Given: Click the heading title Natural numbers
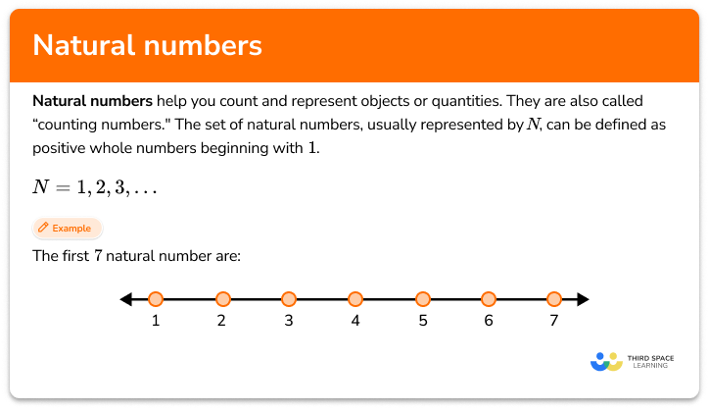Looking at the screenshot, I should point(147,46).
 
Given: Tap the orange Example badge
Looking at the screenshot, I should point(66,229).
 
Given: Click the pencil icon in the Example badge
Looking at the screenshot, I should point(43,229).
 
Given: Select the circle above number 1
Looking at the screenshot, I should point(156,299).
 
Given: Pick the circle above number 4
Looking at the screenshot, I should point(354,299).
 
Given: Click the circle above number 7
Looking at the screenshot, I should point(554,299).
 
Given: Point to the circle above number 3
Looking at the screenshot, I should point(288,299).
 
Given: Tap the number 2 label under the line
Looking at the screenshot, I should point(222,322).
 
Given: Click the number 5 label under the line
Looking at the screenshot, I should point(421,322).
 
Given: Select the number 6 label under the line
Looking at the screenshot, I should point(488,322).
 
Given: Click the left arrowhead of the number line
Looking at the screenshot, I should point(124,299).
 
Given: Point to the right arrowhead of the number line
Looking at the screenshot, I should point(583,299).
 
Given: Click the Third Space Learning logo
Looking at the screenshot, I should point(633,360).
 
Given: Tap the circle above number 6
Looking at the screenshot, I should point(488,299).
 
